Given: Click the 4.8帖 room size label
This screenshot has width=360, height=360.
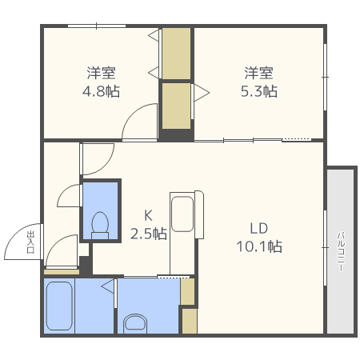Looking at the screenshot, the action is click(101, 91).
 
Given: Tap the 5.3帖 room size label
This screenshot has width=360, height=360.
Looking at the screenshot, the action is click(259, 91).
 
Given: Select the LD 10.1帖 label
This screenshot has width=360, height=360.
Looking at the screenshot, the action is click(259, 238).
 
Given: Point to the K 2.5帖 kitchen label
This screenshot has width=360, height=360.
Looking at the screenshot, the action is click(149, 225).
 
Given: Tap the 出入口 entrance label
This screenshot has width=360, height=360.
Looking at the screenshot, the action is click(30, 242).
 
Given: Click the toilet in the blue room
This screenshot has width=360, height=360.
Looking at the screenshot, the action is click(100, 226).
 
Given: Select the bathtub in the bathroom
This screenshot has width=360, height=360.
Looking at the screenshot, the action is click(59, 306).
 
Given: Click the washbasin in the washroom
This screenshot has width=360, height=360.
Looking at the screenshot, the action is click(135, 323).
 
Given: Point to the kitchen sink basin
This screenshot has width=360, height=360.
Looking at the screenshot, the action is click(182, 214).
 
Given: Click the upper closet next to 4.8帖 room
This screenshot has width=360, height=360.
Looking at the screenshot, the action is click(177, 54).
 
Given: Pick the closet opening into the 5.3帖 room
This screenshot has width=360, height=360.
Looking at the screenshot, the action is click(177, 106).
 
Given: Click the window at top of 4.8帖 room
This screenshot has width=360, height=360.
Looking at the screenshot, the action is click(97, 26).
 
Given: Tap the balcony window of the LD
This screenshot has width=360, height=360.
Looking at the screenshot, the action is click(325, 248).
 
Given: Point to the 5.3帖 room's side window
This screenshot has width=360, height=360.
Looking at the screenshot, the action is click(325, 77).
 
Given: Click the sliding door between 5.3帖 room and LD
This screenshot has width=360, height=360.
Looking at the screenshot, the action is click(253, 140).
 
